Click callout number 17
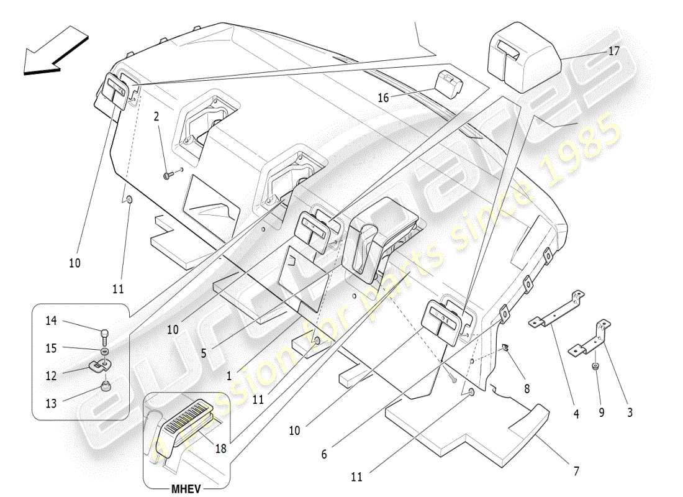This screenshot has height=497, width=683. [613, 52]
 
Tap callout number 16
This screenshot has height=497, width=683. [383, 98]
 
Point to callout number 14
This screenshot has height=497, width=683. [51, 321]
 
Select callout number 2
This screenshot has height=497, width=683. [156, 116]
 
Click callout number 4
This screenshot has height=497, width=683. [576, 413]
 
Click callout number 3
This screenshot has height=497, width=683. [630, 412]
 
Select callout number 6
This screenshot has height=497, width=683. [323, 454]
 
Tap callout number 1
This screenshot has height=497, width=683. [229, 376]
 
